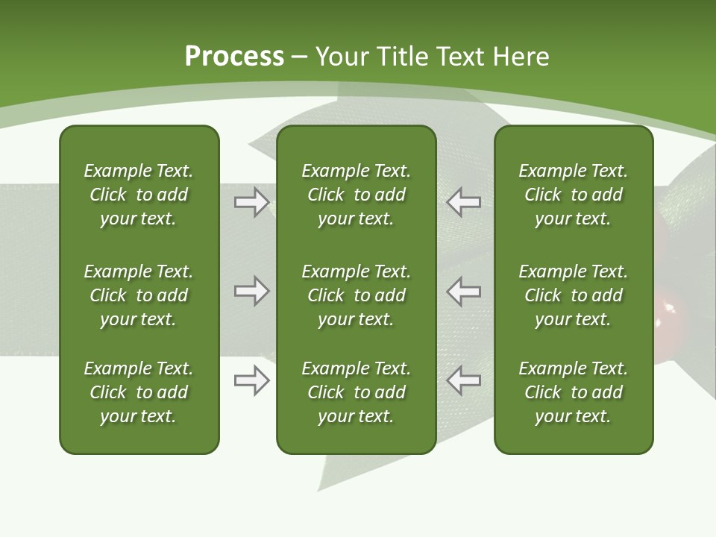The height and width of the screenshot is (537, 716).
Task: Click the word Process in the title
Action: [234, 57]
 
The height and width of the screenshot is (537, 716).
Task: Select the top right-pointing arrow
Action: [252, 202]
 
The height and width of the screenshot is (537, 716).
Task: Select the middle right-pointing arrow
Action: [252, 291]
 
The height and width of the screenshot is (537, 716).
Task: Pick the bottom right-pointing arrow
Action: [252, 380]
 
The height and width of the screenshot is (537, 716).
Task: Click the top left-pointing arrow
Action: [464, 202]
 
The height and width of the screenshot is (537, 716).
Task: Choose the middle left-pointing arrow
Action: [464, 291]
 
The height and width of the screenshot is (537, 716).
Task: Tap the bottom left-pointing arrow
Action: [464, 380]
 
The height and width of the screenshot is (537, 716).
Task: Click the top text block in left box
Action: [139, 195]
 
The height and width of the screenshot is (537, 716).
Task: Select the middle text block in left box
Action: [139, 295]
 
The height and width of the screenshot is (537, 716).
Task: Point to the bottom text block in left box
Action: [139, 392]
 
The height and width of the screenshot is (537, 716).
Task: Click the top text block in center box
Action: [357, 195]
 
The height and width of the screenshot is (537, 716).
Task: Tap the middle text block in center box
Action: [357, 295]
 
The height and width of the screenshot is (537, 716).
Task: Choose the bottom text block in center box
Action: [357, 392]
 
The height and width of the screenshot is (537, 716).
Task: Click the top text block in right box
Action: [574, 195]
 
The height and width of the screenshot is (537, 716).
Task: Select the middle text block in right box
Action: [574, 295]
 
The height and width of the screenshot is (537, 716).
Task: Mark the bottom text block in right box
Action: [574, 392]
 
